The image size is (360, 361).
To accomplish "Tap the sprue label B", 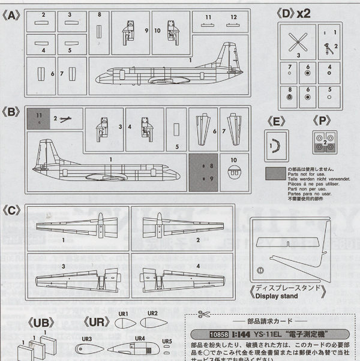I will [x=14, y=112].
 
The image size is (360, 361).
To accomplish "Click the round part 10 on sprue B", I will [x=234, y=170].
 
